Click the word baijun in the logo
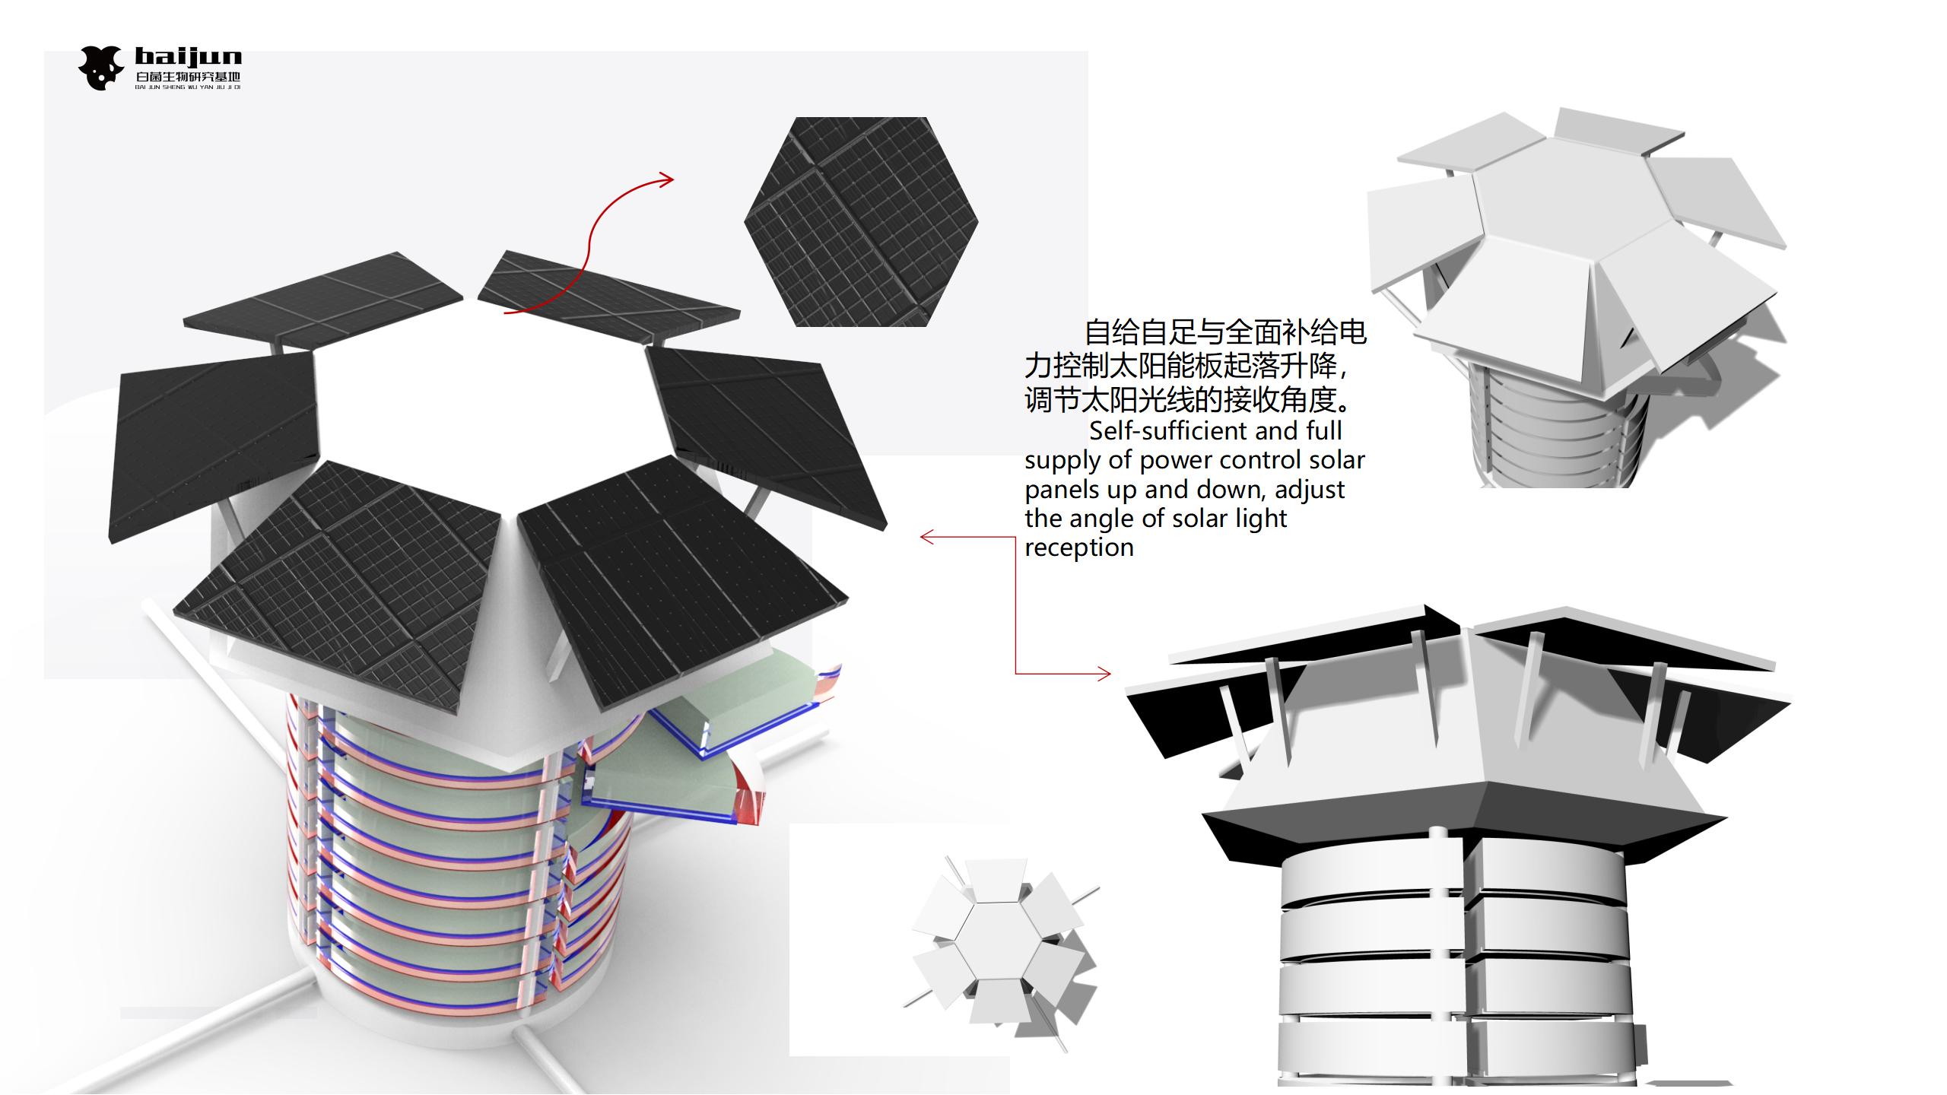tap(188, 57)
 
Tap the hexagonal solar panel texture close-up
tap(861, 222)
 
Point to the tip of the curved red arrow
tap(672, 180)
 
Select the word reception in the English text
tap(1078, 547)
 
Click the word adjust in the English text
tap(1310, 490)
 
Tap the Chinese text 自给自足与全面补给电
tap(1225, 332)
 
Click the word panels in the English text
tap(1062, 490)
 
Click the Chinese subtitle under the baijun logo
tap(188, 77)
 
